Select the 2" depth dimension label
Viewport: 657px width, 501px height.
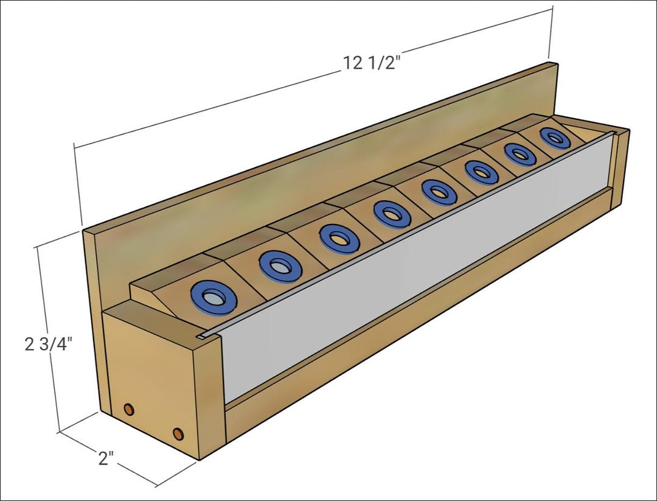coord(106,458)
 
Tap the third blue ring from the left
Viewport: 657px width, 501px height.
coord(339,238)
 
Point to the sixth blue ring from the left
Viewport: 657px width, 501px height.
coord(482,172)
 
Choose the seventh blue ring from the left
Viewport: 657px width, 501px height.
coord(520,154)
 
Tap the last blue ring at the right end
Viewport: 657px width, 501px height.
coord(555,138)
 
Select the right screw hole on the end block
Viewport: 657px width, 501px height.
coord(178,433)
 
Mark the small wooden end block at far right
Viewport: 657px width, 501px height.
coord(621,170)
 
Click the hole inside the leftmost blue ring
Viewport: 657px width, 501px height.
coord(214,298)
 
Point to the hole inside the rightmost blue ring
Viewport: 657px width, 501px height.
coord(555,138)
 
